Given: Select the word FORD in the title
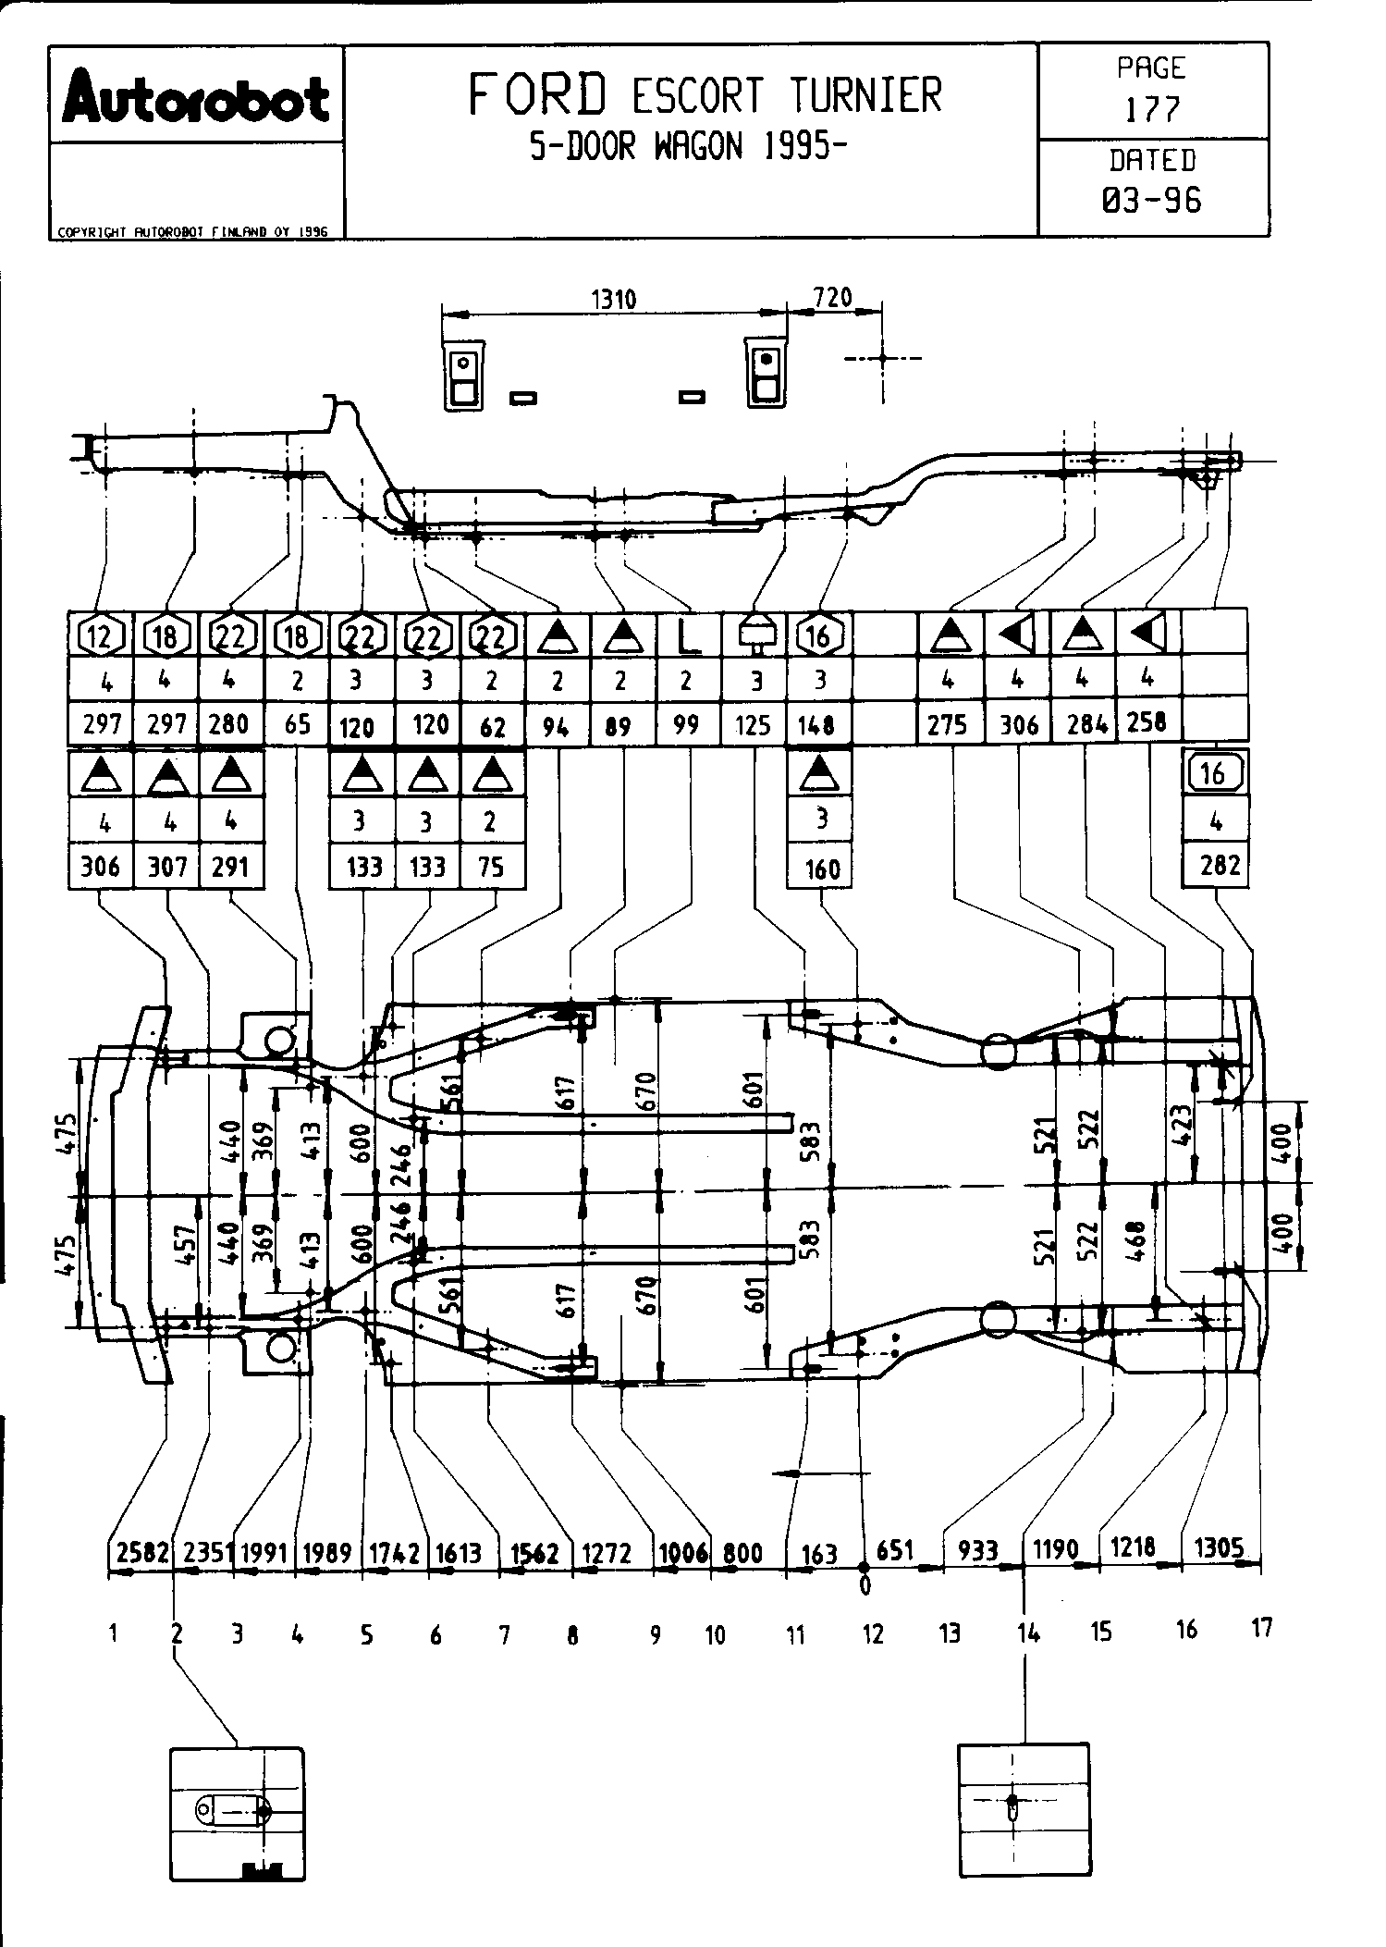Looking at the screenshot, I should click(x=539, y=94).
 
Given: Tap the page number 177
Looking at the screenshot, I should click(x=1152, y=110).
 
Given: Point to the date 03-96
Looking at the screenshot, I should click(x=1152, y=200).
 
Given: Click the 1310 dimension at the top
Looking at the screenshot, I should click(x=613, y=299).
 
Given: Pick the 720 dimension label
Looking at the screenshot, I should click(x=832, y=297).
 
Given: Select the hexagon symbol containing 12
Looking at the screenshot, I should click(x=102, y=635).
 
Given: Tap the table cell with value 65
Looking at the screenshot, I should click(x=297, y=723).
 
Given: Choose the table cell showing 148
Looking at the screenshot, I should click(x=818, y=724).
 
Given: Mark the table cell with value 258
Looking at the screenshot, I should click(x=1147, y=721).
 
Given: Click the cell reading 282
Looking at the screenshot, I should click(x=1214, y=865).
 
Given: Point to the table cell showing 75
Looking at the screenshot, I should click(x=491, y=867).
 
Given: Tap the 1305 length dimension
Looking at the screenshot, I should click(x=1219, y=1547).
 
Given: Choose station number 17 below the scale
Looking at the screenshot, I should click(x=1261, y=1628).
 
